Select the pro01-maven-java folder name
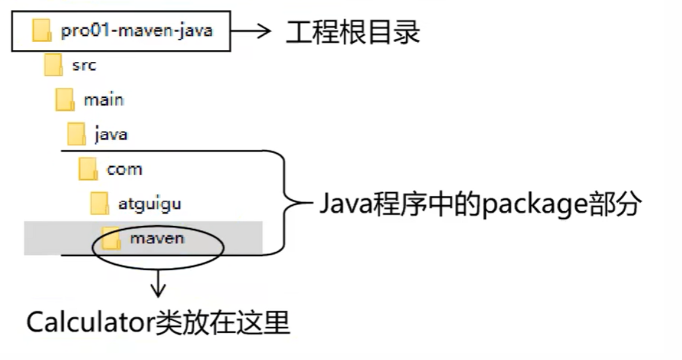coord(137,31)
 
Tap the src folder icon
coord(53,65)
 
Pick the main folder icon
coord(64,99)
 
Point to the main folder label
coord(104,100)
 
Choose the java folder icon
coord(76,134)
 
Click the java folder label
coord(111,134)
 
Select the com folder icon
coord(88,169)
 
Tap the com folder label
coord(124,169)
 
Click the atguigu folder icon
coord(99,203)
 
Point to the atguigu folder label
coord(150,204)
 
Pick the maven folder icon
coord(111,238)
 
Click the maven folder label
coord(157,238)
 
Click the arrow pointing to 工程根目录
coord(252,31)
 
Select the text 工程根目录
coord(352,32)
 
